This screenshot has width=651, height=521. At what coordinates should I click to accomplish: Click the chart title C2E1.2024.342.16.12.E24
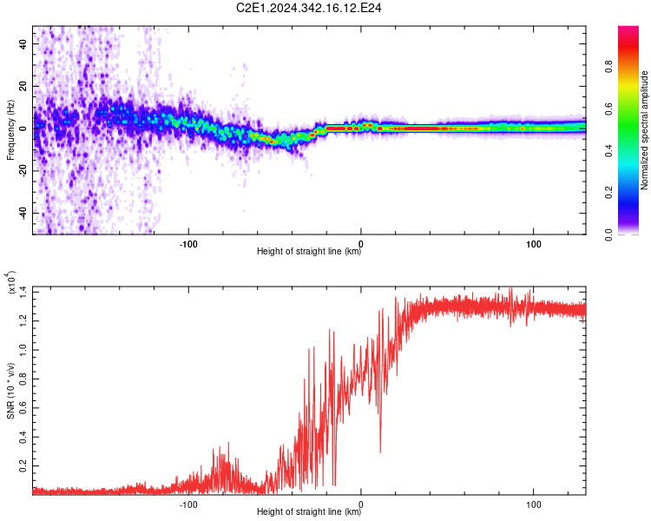coord(308,8)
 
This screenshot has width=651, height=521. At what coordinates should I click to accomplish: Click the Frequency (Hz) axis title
coord(10,129)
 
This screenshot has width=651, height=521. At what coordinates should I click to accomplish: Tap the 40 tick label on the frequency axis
coord(23,43)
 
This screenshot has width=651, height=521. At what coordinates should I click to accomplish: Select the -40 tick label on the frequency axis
coord(23,213)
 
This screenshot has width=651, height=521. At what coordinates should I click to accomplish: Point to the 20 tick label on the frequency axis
coord(23,86)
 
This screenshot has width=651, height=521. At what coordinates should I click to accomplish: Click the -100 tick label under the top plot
coord(188,244)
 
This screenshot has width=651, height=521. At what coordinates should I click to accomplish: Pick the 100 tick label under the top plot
coord(534,244)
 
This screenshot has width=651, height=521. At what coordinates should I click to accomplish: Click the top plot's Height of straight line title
coord(309,251)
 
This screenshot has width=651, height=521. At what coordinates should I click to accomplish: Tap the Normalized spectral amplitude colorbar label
coord(644,130)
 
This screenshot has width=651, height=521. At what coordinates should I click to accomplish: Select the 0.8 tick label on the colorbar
coord(609,67)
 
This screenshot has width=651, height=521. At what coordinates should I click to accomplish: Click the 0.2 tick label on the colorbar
coord(609,193)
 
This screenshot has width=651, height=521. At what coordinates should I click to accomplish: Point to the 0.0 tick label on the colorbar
coord(609,234)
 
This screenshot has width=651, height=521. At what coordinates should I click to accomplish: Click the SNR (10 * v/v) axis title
coord(10,391)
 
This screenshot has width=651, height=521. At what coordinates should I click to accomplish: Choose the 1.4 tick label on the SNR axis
coord(23,292)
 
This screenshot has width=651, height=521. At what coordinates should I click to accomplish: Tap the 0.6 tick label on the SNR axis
coord(23,408)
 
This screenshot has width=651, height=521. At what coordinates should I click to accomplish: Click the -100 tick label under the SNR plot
coord(188,505)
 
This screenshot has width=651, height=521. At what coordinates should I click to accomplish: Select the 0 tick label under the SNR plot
coord(361,505)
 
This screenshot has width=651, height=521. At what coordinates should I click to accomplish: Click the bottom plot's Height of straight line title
coord(309,511)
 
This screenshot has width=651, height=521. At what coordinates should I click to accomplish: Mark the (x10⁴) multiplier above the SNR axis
coord(11,282)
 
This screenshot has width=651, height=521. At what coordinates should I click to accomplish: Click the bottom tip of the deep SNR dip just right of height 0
coord(380,452)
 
